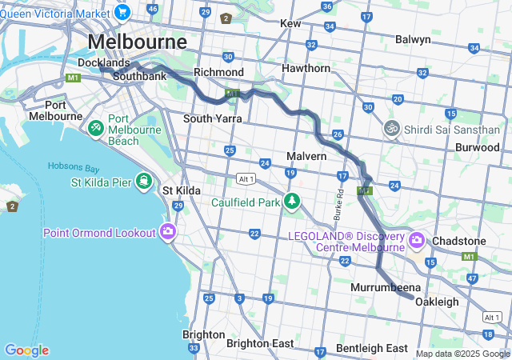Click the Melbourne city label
(138, 42)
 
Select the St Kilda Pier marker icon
(144, 182)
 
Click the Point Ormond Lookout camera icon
(168, 232)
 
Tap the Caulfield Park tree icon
(294, 201)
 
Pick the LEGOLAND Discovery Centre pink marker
(416, 240)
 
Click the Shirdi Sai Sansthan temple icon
(391, 127)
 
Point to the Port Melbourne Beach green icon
(95, 128)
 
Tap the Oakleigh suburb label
(437, 302)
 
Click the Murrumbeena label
(381, 286)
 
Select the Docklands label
(103, 62)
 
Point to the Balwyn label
(413, 39)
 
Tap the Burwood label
(477, 147)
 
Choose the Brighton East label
(260, 342)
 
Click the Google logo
(26, 350)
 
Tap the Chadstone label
(458, 241)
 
